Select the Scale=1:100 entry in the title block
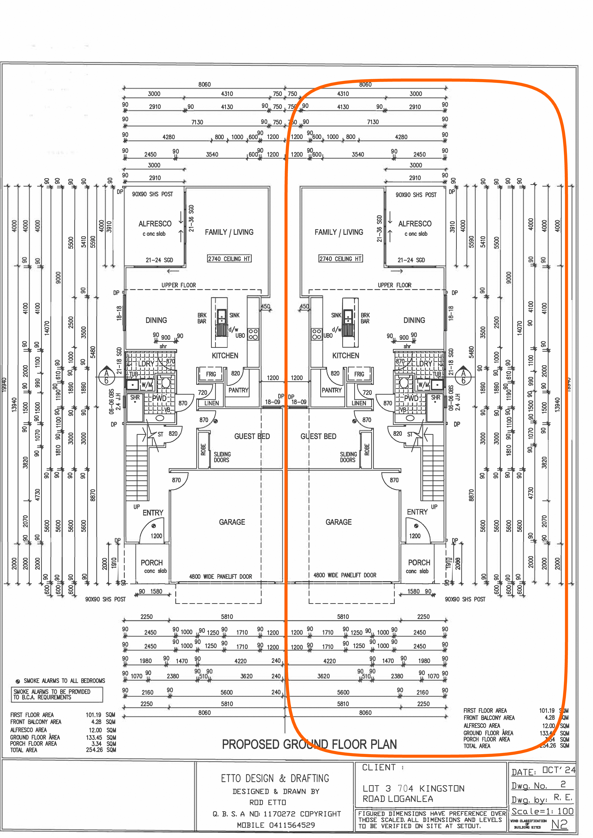(542, 811)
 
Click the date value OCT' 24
(559, 770)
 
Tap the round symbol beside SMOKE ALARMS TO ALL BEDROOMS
(17, 681)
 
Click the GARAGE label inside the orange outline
(338, 522)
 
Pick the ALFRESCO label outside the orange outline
(155, 224)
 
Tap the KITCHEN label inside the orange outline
(345, 355)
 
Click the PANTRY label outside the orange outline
(238, 390)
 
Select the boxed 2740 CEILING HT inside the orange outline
(340, 259)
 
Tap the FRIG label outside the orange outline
(211, 374)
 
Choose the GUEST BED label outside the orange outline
(252, 436)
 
